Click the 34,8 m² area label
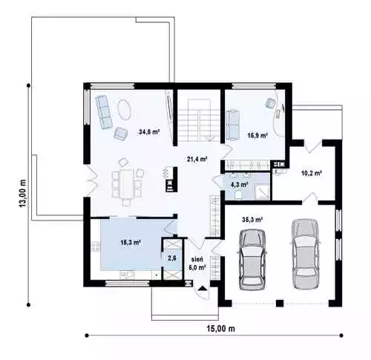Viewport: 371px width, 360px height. pyautogui.click(x=149, y=132)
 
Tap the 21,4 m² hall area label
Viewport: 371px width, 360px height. pyautogui.click(x=197, y=159)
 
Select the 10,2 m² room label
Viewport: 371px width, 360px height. pyautogui.click(x=312, y=173)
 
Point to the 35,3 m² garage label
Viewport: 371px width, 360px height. pyautogui.click(x=252, y=219)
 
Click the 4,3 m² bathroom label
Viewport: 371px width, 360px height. pyautogui.click(x=240, y=184)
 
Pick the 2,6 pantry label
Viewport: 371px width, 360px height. pyautogui.click(x=172, y=258)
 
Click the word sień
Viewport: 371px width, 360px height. pyautogui.click(x=197, y=259)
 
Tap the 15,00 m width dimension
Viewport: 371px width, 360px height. pyautogui.click(x=220, y=329)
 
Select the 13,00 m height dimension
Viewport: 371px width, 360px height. pyautogui.click(x=23, y=194)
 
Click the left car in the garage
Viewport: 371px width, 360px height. pyautogui.click(x=252, y=260)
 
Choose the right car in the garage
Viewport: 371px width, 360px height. pyautogui.click(x=304, y=254)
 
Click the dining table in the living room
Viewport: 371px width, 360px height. pyautogui.click(x=127, y=184)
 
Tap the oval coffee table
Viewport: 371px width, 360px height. pyautogui.click(x=124, y=109)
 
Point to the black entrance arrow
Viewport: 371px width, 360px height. pyautogui.click(x=203, y=288)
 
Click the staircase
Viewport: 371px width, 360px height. pyautogui.click(x=199, y=120)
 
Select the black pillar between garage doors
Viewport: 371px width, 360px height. pyautogui.click(x=280, y=304)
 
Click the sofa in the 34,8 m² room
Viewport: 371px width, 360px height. pyautogui.click(x=104, y=112)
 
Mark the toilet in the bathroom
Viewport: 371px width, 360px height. pyautogui.click(x=239, y=194)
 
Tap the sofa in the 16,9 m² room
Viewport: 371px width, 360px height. pyautogui.click(x=232, y=125)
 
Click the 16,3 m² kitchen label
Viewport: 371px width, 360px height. pyautogui.click(x=131, y=243)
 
